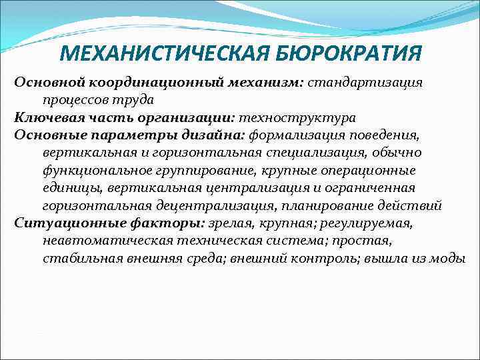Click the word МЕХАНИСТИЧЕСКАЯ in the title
(155, 52)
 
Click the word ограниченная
(373, 187)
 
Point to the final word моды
(449, 257)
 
